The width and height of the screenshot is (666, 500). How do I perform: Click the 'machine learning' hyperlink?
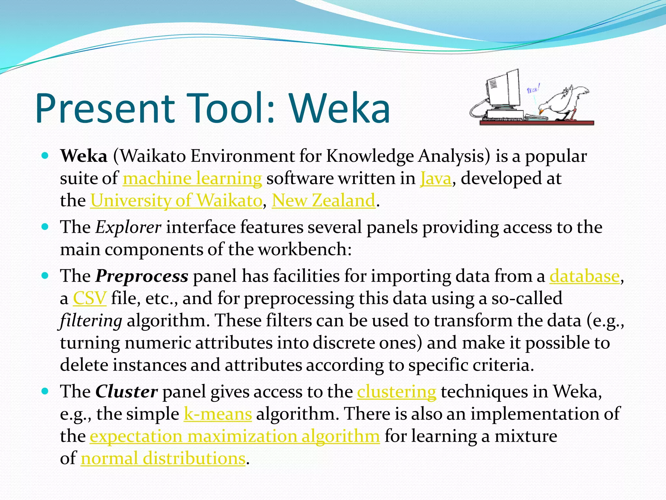(192, 179)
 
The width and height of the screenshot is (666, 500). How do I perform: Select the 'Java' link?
(436, 179)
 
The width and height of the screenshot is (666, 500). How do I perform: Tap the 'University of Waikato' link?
(176, 201)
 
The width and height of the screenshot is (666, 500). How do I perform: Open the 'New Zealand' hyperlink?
(324, 201)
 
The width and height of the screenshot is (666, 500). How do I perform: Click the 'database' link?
(584, 276)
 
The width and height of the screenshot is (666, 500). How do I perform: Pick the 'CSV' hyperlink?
(89, 299)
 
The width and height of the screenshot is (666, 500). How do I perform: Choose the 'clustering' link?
(396, 392)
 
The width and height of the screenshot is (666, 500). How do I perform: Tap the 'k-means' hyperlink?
(218, 414)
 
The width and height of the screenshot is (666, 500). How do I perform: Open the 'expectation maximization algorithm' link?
(235, 436)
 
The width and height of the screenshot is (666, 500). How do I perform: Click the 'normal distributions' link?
(163, 458)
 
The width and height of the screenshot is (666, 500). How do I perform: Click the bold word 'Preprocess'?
(142, 276)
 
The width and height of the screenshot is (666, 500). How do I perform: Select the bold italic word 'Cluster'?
(127, 392)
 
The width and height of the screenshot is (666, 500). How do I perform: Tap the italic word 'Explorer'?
(128, 227)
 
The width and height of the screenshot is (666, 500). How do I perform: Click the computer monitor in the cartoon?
(503, 90)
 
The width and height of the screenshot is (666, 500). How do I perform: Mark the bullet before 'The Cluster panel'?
(45, 391)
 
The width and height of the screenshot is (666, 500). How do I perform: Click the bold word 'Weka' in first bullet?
(84, 156)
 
